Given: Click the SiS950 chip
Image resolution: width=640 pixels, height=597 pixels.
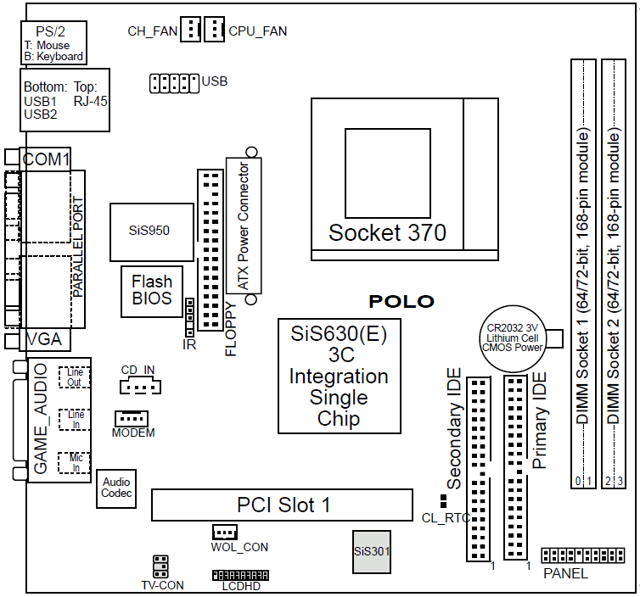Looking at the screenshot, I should click(x=149, y=232).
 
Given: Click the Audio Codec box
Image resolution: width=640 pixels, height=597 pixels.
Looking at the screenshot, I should click(x=116, y=488).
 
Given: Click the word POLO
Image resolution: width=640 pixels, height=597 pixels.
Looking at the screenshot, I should click(x=401, y=302).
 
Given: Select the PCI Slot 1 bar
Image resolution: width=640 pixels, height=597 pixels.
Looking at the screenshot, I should click(x=283, y=505).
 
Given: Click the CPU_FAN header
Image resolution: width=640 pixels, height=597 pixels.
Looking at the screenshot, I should click(x=214, y=30).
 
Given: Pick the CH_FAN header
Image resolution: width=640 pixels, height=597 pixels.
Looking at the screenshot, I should click(x=190, y=30).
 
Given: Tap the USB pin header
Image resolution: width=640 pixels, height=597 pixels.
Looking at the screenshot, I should click(x=174, y=83).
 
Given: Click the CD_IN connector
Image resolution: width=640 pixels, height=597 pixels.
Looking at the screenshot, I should click(x=139, y=386).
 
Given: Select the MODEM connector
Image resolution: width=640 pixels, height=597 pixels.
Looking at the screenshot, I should click(x=132, y=419).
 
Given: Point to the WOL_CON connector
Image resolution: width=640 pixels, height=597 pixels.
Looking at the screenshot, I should click(x=224, y=533).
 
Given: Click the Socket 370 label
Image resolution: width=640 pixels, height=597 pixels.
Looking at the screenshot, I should click(x=387, y=232).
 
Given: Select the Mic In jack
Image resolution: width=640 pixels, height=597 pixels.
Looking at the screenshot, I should click(x=75, y=463).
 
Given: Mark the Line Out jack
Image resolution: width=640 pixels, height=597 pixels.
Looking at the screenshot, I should click(x=75, y=377).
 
